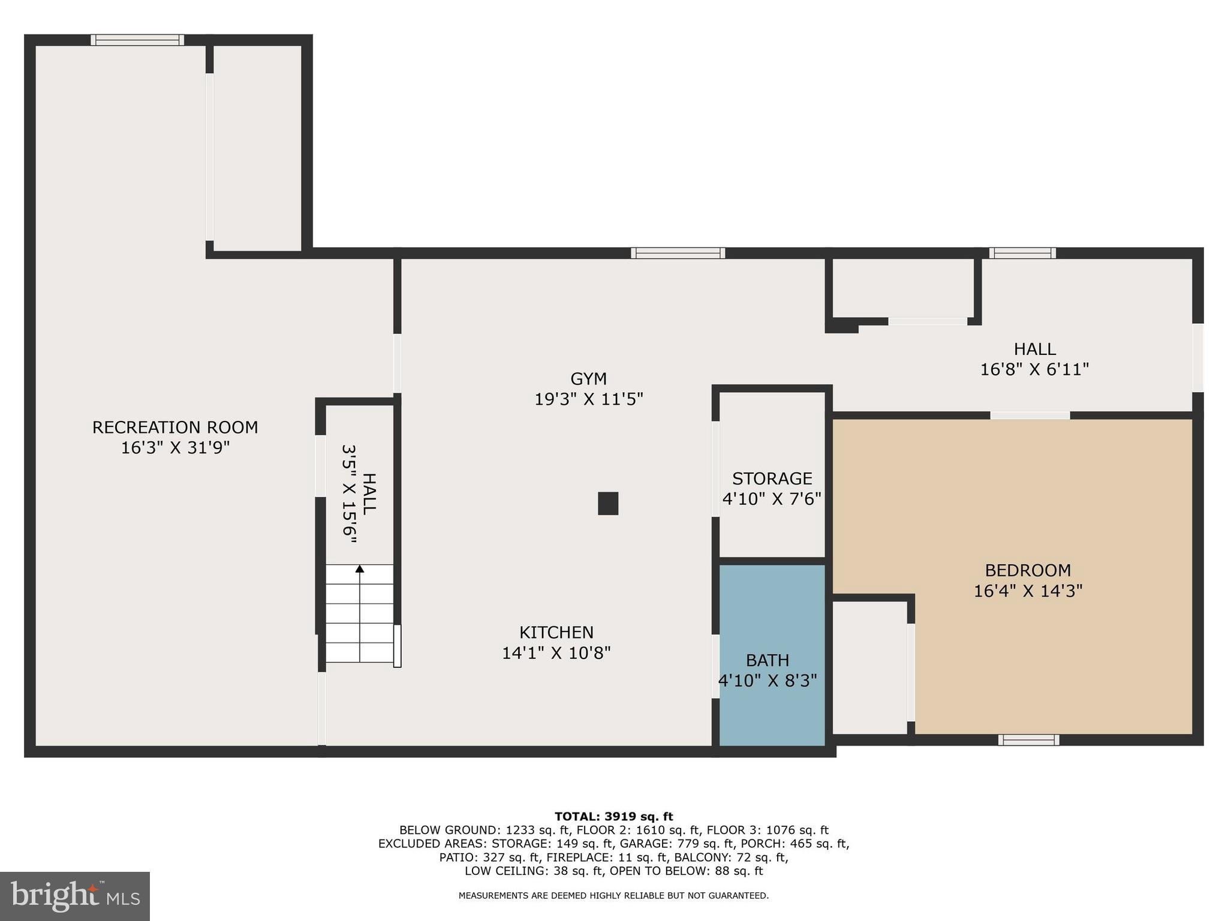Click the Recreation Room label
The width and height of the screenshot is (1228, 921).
(174, 428)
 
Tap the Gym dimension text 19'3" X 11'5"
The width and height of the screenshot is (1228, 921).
(588, 399)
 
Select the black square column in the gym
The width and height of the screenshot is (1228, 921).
(608, 503)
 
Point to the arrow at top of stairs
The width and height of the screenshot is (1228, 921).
(360, 568)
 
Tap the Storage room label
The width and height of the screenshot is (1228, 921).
(772, 478)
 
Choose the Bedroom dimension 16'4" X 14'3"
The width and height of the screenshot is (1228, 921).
(1028, 591)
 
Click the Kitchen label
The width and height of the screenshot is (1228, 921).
(556, 633)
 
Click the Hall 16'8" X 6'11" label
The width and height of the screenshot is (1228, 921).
(1034, 359)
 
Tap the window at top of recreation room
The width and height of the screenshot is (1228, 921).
(137, 40)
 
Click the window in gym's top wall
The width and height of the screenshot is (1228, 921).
(678, 253)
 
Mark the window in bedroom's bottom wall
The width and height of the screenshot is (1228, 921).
(1028, 740)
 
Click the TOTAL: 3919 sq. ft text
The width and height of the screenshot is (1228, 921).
(613, 817)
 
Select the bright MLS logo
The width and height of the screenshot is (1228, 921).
(75, 896)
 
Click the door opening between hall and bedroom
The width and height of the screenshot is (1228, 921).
(1030, 416)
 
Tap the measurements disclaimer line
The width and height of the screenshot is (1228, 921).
(613, 896)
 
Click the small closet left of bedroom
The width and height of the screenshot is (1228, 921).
(869, 667)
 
